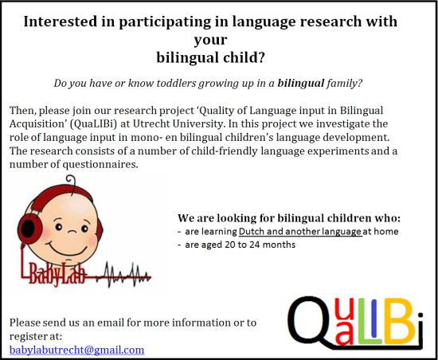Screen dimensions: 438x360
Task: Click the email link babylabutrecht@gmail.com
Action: click(x=76, y=350)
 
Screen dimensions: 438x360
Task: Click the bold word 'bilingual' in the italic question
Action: click(x=301, y=83)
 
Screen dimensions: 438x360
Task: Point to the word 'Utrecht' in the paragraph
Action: click(x=151, y=123)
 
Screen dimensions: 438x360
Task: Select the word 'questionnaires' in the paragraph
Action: click(x=100, y=165)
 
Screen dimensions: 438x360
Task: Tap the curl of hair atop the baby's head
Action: click(x=71, y=181)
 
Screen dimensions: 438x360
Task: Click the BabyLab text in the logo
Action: click(x=57, y=274)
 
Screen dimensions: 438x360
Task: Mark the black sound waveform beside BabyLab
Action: click(x=123, y=275)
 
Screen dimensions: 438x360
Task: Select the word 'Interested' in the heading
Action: click(x=61, y=22)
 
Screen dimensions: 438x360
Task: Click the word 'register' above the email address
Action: click(x=27, y=337)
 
